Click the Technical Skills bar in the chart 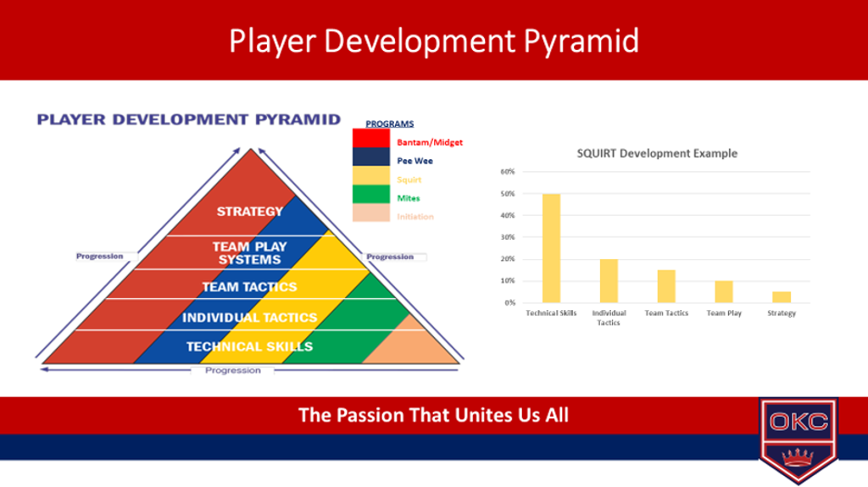(x=551, y=248)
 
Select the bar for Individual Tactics (x=609, y=280)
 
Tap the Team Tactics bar (x=666, y=286)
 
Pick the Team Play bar (x=723, y=291)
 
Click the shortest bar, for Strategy (x=781, y=297)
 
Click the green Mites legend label (x=408, y=197)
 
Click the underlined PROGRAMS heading (x=389, y=124)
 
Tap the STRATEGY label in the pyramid (x=249, y=211)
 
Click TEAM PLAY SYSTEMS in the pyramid (x=249, y=252)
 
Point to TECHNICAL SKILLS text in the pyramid (x=249, y=346)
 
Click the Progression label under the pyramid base (x=232, y=370)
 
